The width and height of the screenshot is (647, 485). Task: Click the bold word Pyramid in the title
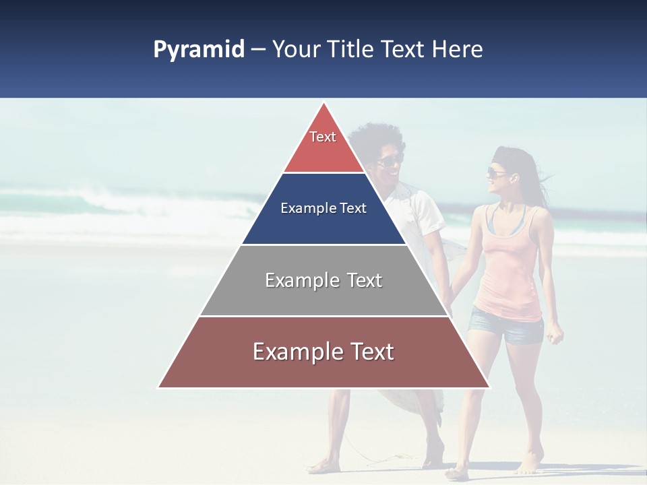198,50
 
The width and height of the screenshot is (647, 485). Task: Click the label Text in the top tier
323,137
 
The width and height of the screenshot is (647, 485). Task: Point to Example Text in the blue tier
323,208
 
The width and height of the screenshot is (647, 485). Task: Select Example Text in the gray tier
323,280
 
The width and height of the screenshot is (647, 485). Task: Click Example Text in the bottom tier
323,352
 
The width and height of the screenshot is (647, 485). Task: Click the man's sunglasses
389,160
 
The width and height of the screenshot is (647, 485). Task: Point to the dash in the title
257,50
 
